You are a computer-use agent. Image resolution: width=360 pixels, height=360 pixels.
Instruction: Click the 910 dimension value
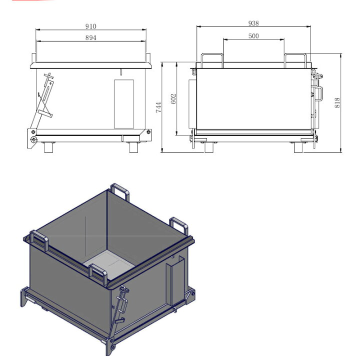(x=91, y=26)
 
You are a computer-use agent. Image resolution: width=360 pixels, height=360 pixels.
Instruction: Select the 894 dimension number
(x=91, y=37)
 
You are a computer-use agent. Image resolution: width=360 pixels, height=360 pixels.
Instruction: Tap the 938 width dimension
(x=253, y=23)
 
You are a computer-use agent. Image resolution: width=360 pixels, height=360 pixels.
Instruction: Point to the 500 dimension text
(x=253, y=36)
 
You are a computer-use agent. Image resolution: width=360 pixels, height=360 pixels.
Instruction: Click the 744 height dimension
(x=158, y=107)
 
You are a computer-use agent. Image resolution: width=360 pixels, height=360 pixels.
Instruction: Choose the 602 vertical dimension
(x=173, y=98)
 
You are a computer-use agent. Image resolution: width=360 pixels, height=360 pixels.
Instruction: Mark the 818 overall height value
(x=337, y=103)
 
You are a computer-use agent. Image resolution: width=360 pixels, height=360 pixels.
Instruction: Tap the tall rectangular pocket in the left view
(x=124, y=104)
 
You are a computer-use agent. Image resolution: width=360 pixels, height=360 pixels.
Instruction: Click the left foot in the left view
(x=48, y=147)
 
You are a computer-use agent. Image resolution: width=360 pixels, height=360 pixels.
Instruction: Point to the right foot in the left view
(x=133, y=147)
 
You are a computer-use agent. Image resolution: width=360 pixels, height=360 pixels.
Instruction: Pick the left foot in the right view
(x=209, y=147)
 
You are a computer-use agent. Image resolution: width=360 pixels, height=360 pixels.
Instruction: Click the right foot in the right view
(x=298, y=147)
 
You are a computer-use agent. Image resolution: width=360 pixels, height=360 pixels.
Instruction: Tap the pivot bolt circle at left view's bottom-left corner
(x=34, y=139)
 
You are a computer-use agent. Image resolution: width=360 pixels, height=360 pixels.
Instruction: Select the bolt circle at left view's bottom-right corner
(x=148, y=132)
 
